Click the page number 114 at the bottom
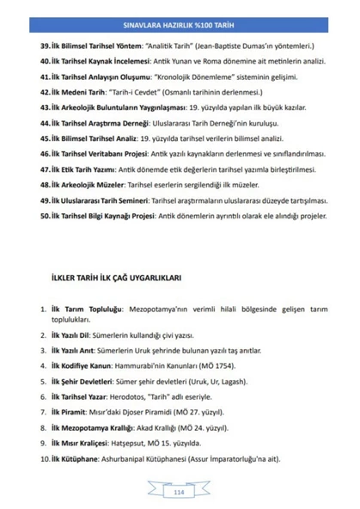pos(179,490)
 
